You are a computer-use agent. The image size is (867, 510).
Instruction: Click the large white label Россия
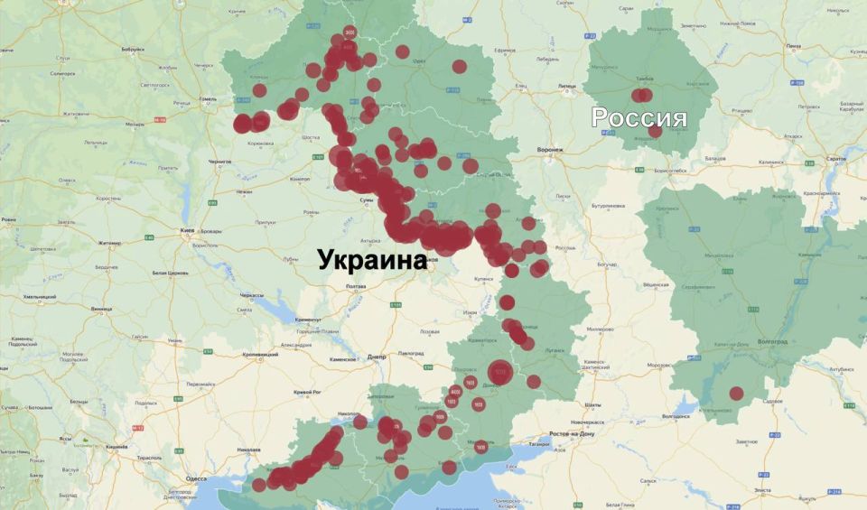[x=639, y=117]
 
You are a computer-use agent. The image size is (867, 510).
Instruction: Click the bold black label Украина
[x=371, y=260]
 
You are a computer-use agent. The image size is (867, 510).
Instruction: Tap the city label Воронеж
[x=549, y=150]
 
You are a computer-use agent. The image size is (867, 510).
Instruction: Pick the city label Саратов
[x=835, y=158]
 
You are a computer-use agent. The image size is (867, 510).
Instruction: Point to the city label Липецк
[x=567, y=87]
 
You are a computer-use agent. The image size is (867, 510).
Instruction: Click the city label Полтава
[x=355, y=286]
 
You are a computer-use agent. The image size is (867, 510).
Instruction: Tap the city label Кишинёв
[x=117, y=447]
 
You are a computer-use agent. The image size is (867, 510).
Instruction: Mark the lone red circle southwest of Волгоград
[x=736, y=394]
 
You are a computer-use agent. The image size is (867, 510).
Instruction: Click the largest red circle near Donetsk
[x=499, y=372]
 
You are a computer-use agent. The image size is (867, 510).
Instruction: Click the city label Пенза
[x=793, y=45]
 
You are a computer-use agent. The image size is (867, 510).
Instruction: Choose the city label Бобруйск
[x=133, y=48]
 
